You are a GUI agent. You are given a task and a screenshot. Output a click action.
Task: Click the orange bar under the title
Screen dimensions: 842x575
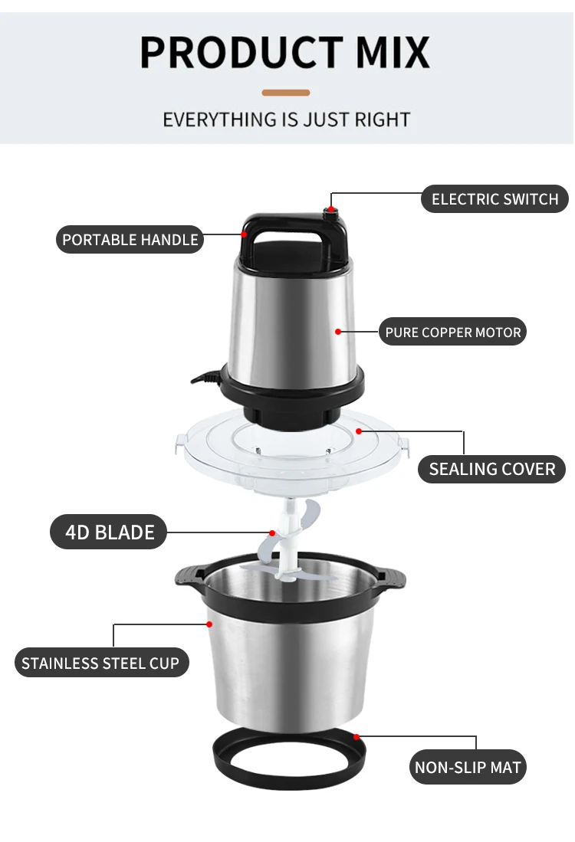pyautogui.click(x=286, y=93)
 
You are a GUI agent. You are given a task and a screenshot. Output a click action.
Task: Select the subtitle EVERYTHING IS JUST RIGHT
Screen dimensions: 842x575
pyautogui.click(x=286, y=120)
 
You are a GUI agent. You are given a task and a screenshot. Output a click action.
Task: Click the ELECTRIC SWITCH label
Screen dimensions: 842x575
pyautogui.click(x=495, y=199)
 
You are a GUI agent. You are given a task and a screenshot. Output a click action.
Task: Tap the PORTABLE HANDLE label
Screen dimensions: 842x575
pyautogui.click(x=130, y=240)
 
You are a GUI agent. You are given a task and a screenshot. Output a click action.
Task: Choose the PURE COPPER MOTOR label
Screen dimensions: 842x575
pyautogui.click(x=453, y=333)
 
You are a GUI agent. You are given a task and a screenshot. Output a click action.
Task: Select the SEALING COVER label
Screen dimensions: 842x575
pyautogui.click(x=491, y=469)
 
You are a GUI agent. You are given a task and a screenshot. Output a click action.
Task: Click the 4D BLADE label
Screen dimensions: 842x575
pyautogui.click(x=109, y=532)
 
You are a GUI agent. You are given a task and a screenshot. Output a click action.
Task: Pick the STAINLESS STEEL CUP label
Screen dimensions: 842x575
pyautogui.click(x=100, y=663)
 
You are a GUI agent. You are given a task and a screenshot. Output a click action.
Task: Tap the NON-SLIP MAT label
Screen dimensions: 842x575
pyautogui.click(x=468, y=767)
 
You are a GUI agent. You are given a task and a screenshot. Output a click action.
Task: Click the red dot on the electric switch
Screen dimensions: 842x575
pyautogui.click(x=331, y=209)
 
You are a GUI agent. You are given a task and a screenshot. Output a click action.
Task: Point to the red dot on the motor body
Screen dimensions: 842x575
pyautogui.click(x=338, y=332)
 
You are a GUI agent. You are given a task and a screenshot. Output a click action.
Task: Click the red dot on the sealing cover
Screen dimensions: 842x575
pyautogui.click(x=358, y=431)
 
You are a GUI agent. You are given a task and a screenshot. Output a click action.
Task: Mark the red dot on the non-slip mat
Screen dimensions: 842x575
pyautogui.click(x=356, y=736)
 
